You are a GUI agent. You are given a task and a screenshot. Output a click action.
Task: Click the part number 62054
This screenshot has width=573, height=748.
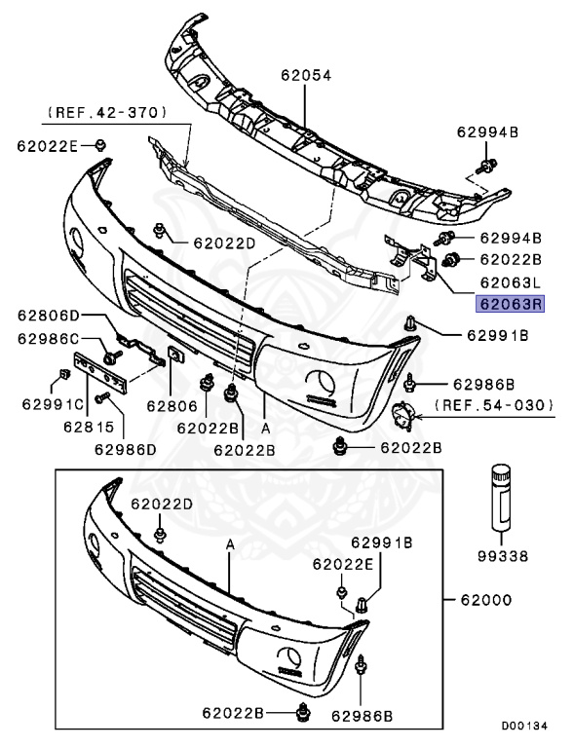pyautogui.click(x=306, y=75)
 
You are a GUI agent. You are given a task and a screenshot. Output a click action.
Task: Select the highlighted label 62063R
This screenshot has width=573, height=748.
pyautogui.click(x=510, y=304)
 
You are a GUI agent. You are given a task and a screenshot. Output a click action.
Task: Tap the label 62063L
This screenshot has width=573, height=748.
pyautogui.click(x=510, y=282)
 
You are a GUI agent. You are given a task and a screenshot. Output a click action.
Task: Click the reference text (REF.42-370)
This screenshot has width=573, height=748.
pyautogui.click(x=107, y=113)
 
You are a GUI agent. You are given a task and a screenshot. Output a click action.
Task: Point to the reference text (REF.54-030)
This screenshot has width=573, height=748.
pyautogui.click(x=494, y=405)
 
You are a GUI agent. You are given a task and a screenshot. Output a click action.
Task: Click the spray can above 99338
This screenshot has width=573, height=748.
pyautogui.click(x=501, y=497)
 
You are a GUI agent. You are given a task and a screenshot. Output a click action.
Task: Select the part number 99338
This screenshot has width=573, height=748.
pyautogui.click(x=503, y=556)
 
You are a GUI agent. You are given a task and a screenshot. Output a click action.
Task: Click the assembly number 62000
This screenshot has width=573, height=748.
pyautogui.click(x=485, y=600)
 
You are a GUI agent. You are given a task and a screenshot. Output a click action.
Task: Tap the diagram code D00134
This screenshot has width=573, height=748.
pyautogui.click(x=524, y=726)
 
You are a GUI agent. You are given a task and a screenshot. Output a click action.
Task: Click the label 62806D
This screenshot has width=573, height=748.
pyautogui.click(x=49, y=316)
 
